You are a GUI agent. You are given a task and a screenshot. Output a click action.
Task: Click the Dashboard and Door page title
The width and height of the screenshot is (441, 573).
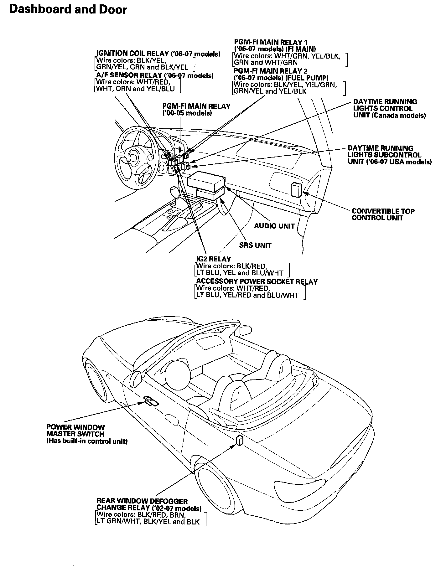[68, 10]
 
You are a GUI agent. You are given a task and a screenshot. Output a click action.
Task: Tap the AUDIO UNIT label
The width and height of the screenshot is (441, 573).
[274, 226]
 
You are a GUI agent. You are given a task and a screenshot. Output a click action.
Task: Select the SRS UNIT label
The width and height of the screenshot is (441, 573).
[255, 245]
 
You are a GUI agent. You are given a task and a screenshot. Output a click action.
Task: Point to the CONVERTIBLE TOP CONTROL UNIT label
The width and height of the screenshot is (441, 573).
[383, 214]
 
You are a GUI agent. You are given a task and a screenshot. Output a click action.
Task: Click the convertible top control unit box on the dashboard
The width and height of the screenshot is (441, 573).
[296, 189]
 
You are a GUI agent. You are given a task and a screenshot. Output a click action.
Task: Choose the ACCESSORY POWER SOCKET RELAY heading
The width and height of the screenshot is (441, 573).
[257, 281]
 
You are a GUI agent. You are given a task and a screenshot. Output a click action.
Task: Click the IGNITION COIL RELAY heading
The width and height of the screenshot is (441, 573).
[158, 54]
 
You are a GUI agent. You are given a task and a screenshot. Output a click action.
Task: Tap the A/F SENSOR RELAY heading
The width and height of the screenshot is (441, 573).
[155, 75]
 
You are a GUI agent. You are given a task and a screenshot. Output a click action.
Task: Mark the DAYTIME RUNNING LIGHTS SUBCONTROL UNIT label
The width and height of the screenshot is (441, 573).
[390, 155]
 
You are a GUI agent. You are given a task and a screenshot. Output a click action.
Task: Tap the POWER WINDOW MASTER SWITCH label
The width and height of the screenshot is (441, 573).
[76, 431]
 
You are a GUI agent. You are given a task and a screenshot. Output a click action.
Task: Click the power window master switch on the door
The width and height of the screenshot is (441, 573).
[151, 401]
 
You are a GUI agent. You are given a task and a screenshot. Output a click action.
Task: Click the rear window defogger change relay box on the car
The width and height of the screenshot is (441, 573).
[239, 440]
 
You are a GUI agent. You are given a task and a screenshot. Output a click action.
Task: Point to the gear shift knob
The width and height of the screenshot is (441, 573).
[174, 191]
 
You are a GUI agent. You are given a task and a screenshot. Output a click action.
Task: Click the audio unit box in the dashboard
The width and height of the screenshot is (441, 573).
[206, 181]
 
